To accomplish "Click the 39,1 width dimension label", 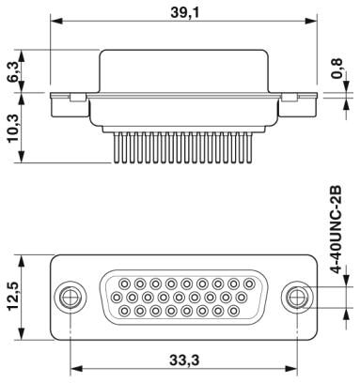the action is tap(184, 12).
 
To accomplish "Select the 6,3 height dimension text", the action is tap(14, 71).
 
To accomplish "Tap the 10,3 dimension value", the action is tap(14, 128).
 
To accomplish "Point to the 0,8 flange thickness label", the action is tap(337, 69).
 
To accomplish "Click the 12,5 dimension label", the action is tap(14, 296).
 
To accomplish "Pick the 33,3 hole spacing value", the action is tap(184, 360).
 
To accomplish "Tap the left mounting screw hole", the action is tap(70, 297).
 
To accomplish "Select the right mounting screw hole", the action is tap(296, 297).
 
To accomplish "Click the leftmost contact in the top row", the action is tap(125, 284).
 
